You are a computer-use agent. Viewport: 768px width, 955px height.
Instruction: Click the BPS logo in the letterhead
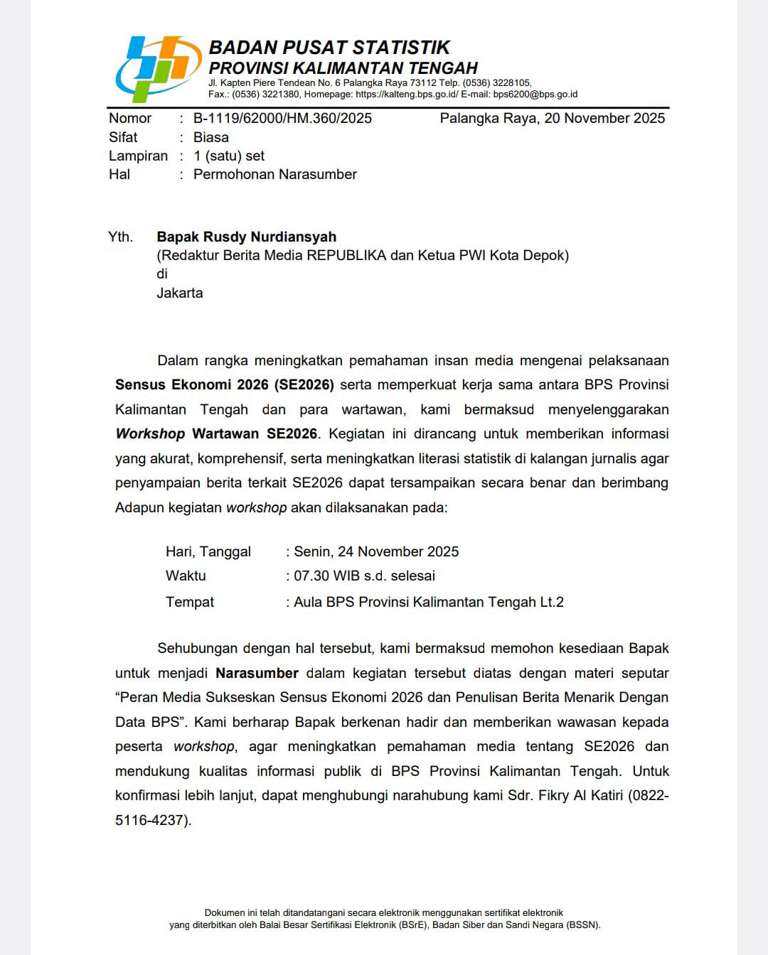click(x=157, y=69)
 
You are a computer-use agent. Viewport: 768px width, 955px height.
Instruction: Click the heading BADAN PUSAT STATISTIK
click(x=329, y=48)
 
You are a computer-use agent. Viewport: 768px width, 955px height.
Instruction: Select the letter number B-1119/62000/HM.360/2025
click(x=282, y=118)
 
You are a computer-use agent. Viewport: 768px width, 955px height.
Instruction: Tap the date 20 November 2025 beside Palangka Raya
click(x=604, y=118)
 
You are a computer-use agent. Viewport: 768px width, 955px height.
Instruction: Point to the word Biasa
click(x=211, y=137)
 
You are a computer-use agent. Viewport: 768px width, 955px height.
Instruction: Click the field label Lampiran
click(x=138, y=156)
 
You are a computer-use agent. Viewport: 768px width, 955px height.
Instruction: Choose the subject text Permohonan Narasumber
click(x=275, y=174)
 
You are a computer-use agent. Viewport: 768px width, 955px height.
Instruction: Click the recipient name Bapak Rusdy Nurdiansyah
click(x=246, y=237)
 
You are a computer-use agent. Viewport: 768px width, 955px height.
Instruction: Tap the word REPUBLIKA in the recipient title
click(x=346, y=255)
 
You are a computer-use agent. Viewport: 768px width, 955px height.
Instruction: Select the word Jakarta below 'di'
click(x=180, y=293)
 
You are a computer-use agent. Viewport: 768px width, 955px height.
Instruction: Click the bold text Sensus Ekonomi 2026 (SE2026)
click(x=224, y=384)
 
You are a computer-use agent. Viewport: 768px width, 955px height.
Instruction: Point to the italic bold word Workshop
click(x=150, y=433)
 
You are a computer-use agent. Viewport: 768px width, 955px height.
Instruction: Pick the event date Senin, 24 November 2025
click(x=376, y=551)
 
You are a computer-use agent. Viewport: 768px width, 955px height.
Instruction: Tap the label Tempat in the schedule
click(x=190, y=602)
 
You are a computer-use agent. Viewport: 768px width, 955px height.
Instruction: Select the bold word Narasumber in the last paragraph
click(x=257, y=673)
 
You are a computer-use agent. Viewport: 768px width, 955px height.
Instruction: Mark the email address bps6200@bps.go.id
click(x=535, y=94)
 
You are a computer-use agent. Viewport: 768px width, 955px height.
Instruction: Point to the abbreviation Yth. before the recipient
click(x=120, y=237)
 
